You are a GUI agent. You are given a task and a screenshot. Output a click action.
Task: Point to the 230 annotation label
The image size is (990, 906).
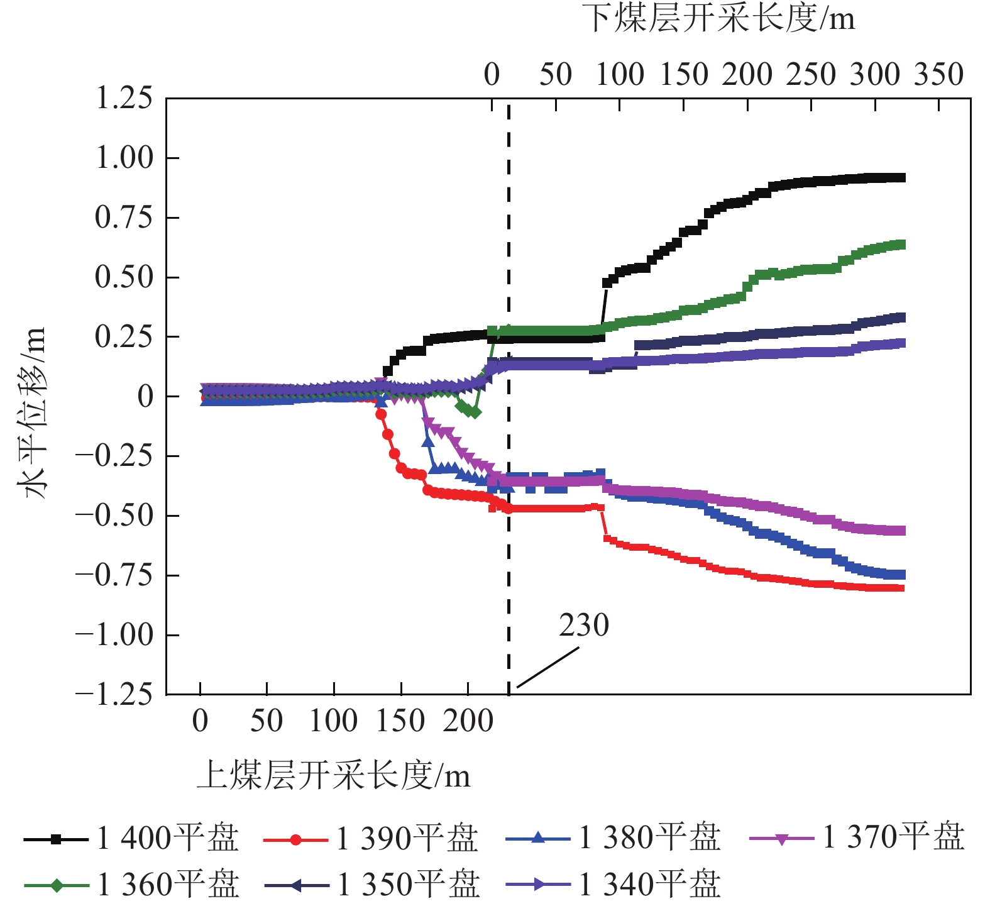584,626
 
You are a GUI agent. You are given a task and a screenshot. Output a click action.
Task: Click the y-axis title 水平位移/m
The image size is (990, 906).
35,412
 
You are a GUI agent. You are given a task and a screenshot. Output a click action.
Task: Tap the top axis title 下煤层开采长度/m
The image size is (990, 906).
718,19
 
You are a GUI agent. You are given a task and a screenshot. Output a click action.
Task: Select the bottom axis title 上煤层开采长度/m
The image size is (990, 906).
333,775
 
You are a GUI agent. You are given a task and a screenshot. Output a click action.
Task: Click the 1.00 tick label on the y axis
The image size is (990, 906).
124,158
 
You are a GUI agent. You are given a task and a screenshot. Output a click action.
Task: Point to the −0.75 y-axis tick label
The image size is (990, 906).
114,575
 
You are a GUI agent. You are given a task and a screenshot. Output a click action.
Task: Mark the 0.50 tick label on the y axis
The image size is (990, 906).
124,277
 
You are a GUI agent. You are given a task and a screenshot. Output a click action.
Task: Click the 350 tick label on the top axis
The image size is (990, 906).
938,74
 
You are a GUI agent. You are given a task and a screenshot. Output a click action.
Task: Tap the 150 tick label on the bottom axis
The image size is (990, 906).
400,721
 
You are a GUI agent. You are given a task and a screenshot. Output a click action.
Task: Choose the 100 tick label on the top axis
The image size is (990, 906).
620,74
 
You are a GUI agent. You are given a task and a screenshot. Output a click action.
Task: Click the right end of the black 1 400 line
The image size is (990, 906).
901,178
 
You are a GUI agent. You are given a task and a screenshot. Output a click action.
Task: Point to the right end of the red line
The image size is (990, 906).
901,588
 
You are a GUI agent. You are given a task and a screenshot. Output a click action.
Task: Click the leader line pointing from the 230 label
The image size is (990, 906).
547,668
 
